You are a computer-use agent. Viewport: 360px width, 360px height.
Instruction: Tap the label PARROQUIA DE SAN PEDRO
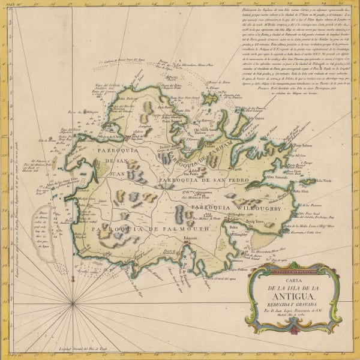pyautogui.click(x=198, y=179)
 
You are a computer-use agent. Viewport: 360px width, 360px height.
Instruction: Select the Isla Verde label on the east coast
pyautogui.click(x=323, y=181)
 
